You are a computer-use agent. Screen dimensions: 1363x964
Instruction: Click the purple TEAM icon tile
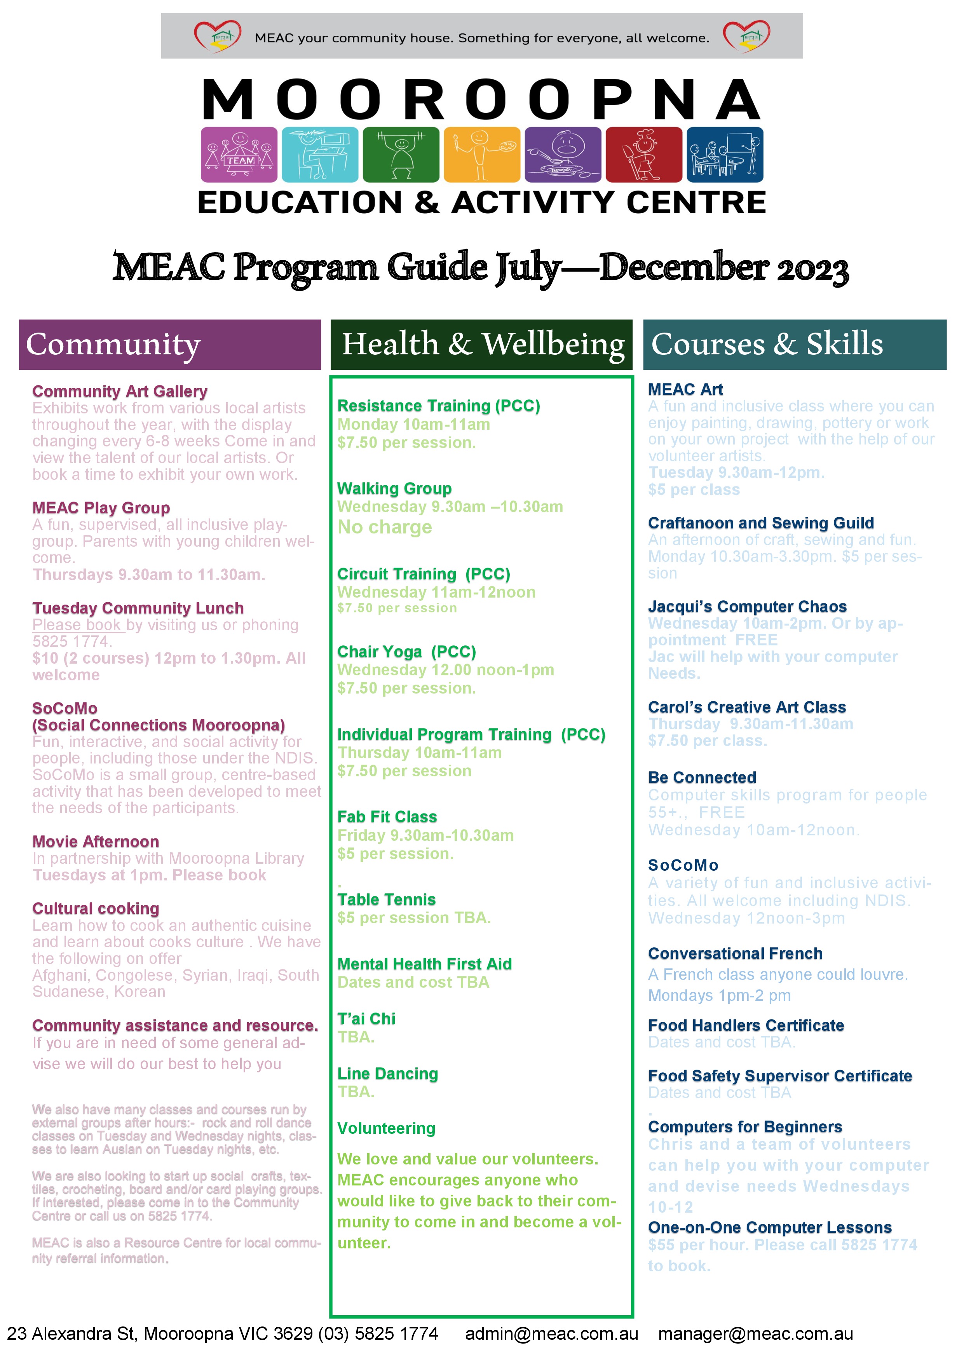239,154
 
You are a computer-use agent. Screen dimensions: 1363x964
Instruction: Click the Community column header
170,344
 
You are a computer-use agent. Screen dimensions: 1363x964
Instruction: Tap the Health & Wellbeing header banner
481,344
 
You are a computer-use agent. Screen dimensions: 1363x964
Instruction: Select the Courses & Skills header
794,344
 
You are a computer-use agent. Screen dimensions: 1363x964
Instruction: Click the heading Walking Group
394,488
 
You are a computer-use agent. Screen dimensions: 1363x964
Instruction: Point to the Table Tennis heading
387,899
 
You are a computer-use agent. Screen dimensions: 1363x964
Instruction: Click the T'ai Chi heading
366,1019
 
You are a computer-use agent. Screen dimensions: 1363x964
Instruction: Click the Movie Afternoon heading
96,842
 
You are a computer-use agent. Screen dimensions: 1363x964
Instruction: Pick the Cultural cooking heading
96,908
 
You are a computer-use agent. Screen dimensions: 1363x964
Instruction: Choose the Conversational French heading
735,953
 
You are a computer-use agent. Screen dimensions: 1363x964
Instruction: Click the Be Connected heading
702,778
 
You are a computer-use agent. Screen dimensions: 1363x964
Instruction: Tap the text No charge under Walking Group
385,527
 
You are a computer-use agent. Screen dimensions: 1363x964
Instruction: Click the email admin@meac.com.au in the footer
551,1334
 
